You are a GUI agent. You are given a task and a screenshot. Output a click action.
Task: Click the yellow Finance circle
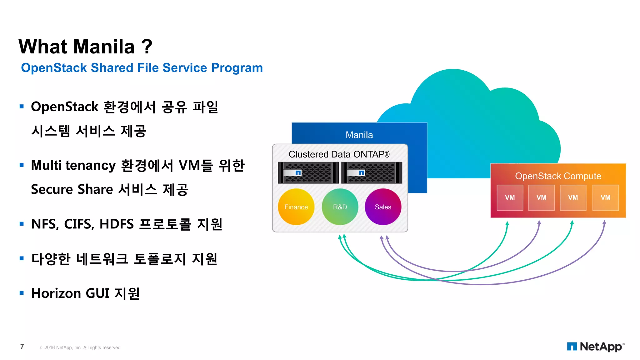tap(296, 207)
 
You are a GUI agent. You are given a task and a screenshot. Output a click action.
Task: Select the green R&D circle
tap(340, 207)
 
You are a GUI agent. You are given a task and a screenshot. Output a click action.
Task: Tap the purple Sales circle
tap(383, 207)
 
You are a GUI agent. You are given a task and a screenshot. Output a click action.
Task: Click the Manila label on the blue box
tap(359, 135)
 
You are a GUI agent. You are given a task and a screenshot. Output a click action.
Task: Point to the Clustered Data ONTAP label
tap(339, 154)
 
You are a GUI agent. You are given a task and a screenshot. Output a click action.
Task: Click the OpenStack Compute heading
tap(558, 176)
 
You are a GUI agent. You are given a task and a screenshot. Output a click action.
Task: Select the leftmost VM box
tap(510, 197)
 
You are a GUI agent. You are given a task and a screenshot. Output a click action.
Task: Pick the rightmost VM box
tap(605, 197)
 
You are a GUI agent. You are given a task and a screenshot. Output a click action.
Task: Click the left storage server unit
tap(308, 172)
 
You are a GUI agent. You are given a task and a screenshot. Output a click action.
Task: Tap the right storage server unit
tap(372, 172)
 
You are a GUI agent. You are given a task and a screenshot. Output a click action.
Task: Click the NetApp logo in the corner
tap(595, 347)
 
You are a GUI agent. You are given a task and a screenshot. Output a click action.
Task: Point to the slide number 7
tap(22, 347)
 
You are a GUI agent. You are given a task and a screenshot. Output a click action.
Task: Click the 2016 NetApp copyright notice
tap(80, 347)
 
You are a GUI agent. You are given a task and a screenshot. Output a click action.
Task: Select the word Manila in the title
tap(104, 47)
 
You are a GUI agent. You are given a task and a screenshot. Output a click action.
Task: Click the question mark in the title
tap(147, 47)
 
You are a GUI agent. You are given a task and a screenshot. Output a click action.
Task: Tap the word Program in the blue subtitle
tap(237, 68)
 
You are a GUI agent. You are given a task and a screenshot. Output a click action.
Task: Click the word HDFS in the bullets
tap(117, 224)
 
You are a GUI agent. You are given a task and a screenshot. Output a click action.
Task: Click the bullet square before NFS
tap(22, 224)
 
